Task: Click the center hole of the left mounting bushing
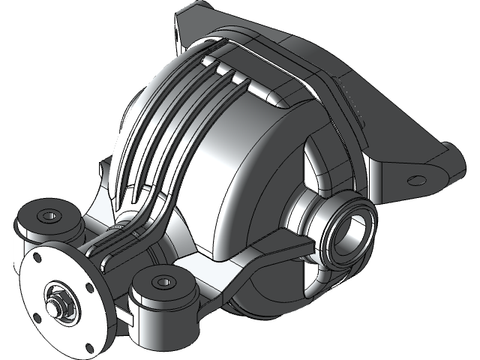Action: pyautogui.click(x=49, y=215)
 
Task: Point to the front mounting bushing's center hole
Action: pyautogui.click(x=163, y=282)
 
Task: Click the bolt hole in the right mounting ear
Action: pyautogui.click(x=412, y=179)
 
